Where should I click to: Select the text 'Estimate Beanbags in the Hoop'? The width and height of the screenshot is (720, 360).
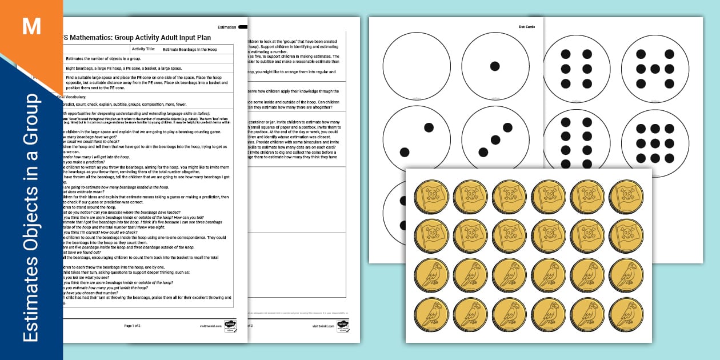(x=190, y=50)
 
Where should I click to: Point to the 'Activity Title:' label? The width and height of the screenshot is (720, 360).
(x=143, y=50)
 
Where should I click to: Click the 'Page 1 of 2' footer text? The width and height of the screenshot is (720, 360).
(x=132, y=325)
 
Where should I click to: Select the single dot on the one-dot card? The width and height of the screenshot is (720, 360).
(x=495, y=66)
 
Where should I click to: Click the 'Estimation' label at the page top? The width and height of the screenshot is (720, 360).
(x=227, y=27)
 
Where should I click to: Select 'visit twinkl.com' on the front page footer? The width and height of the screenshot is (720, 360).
(x=210, y=325)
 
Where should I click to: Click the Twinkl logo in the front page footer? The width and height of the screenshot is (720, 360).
(x=230, y=325)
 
